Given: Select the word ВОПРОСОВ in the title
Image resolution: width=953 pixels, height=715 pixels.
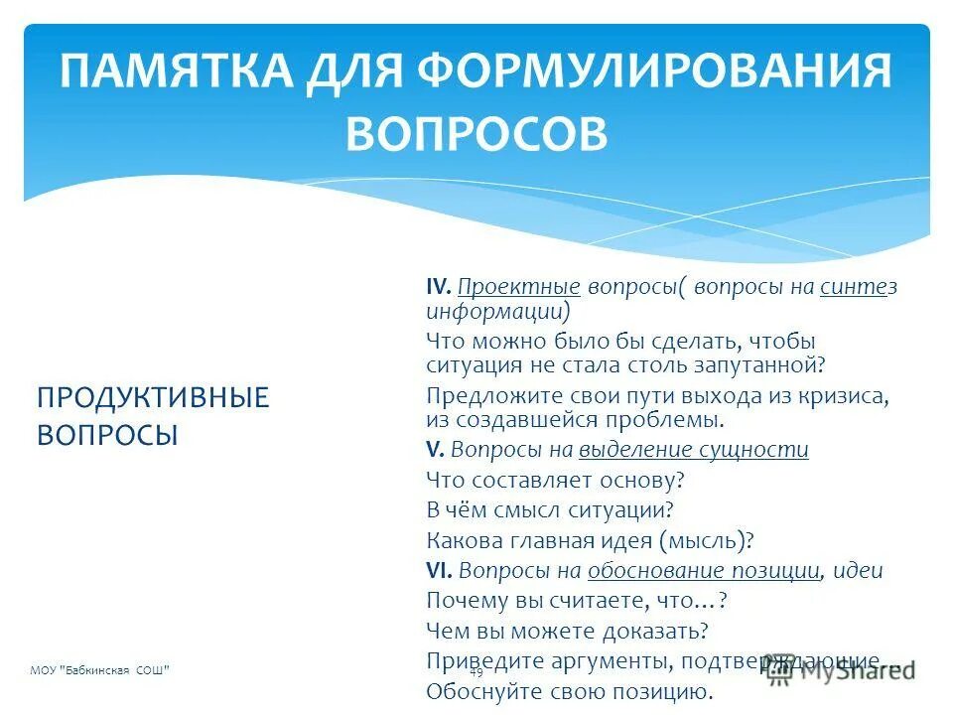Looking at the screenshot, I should pyautogui.click(x=476, y=132).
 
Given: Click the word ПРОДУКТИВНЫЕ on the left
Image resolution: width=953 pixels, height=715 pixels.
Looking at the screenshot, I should pyautogui.click(x=153, y=397).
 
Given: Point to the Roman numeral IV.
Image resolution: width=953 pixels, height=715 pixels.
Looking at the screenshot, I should pyautogui.click(x=438, y=287).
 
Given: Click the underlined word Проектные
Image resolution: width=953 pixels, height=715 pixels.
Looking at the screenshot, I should pyautogui.click(x=519, y=287).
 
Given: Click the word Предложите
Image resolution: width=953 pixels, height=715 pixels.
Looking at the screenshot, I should pyautogui.click(x=489, y=395).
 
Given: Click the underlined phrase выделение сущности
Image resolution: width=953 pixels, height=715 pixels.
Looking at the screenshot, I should pyautogui.click(x=694, y=449).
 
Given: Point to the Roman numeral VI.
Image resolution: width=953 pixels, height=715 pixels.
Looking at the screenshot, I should pyautogui.click(x=439, y=571).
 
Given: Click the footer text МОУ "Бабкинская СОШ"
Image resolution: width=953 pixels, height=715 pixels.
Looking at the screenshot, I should pyautogui.click(x=99, y=670).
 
